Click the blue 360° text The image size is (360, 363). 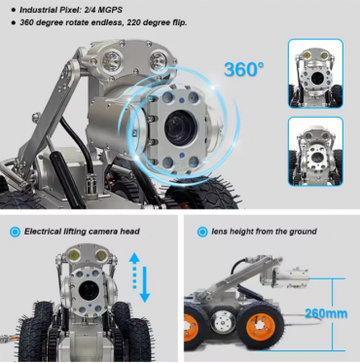pos(244,69)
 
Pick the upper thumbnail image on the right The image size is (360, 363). pos(315,73)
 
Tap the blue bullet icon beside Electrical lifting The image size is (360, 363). pos(14,232)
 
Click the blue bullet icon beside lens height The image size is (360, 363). pos(201,232)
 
